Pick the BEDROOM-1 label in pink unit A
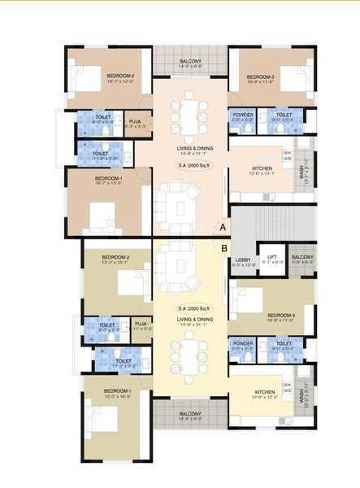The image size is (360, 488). (x=108, y=178)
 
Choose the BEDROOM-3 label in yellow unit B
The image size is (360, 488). (x=280, y=315)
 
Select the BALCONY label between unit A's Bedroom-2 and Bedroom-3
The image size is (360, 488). (x=190, y=62)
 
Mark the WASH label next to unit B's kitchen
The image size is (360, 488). (x=301, y=396)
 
